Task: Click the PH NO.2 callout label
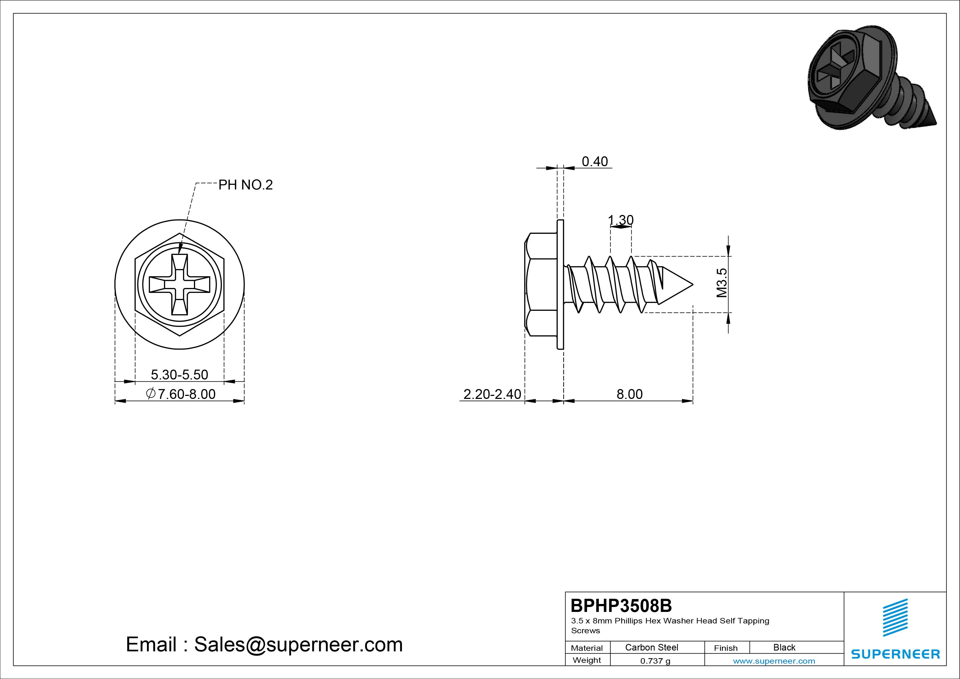tap(245, 185)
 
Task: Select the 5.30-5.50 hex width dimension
tap(179, 375)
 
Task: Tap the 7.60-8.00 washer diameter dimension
tap(181, 394)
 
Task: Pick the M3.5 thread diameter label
tap(722, 283)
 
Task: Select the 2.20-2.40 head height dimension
tap(492, 394)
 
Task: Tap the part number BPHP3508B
tap(621, 605)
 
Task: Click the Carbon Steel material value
tap(651, 647)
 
